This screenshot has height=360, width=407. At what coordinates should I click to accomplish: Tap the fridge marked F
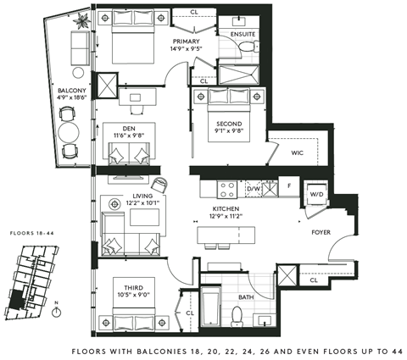point(288,186)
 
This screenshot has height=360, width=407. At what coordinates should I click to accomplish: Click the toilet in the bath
point(239,315)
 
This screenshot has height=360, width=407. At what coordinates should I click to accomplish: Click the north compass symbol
point(55,310)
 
